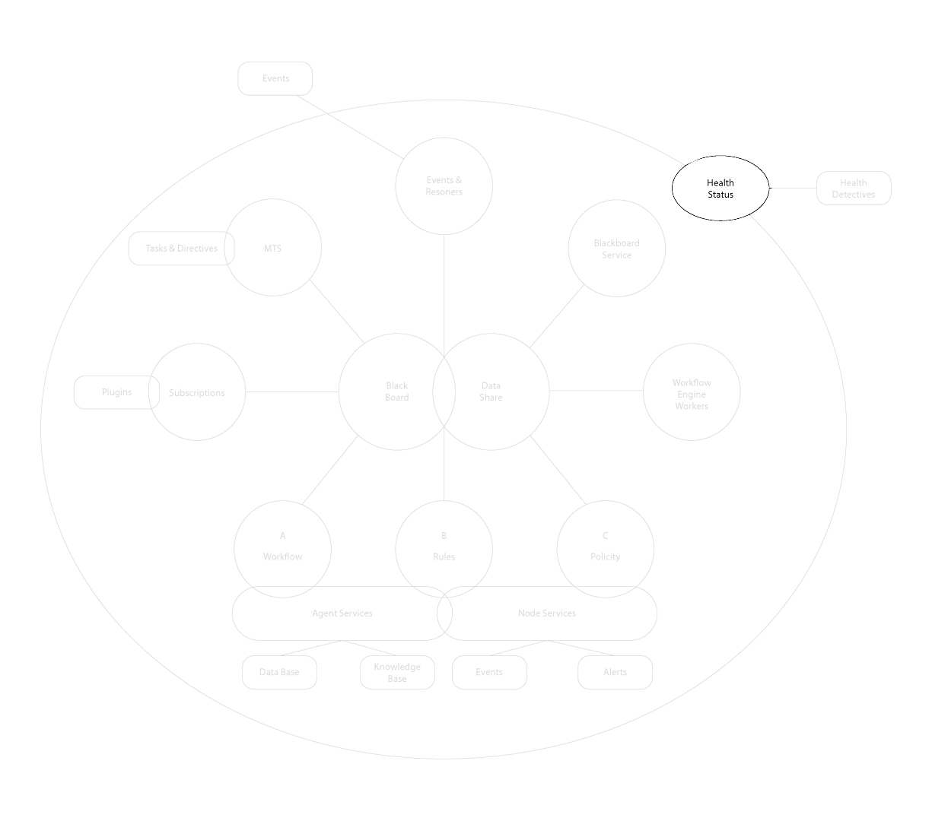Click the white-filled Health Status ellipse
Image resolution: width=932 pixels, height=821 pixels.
(720, 189)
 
